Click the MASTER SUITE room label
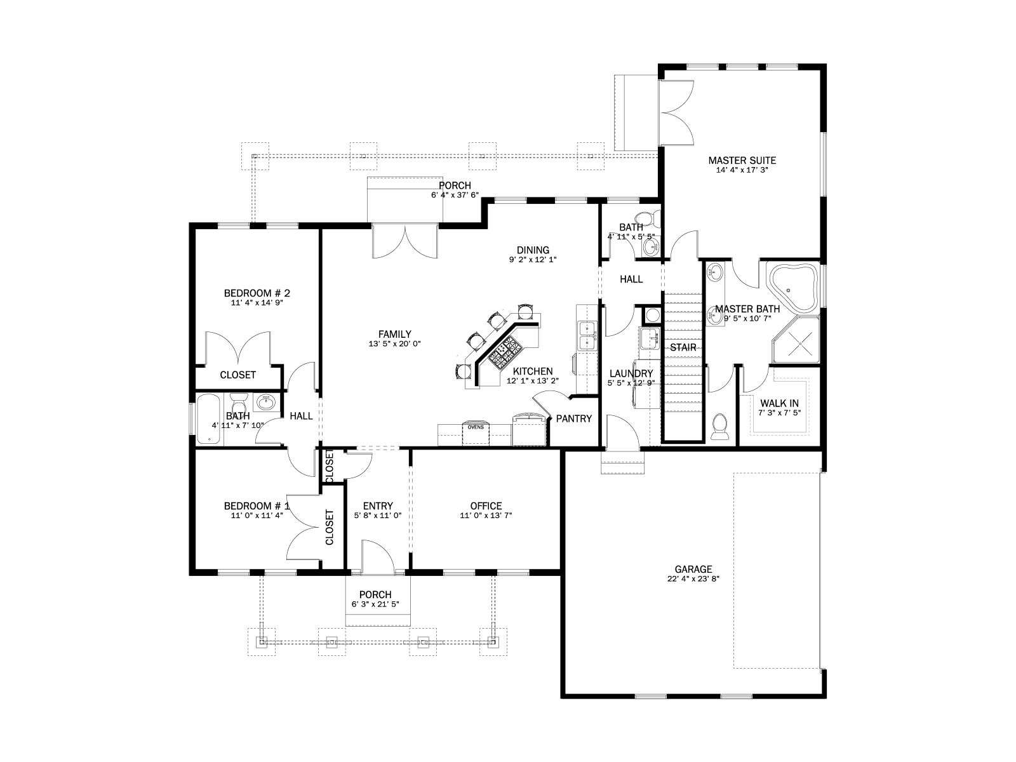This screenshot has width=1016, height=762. coord(742,161)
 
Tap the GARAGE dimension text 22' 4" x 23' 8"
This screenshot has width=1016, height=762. coord(693,578)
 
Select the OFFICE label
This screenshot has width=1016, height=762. coord(486,506)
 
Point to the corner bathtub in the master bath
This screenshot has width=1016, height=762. coord(792,288)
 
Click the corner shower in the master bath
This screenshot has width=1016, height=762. coord(796,340)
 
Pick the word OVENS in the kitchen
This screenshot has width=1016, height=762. coord(476,427)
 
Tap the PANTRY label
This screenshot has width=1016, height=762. coord(574,418)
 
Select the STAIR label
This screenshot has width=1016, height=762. coord(683,347)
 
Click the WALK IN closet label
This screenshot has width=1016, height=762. coord(780,403)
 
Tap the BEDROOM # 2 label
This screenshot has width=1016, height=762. coord(257,293)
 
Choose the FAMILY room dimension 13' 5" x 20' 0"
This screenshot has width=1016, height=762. coord(395,344)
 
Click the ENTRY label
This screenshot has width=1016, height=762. coord(378,506)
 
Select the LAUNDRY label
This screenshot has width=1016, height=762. coord(631,374)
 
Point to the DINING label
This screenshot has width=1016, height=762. coord(533,250)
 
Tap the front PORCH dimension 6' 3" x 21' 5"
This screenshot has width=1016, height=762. coord(375,605)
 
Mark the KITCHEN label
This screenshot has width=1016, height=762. coord(533,371)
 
